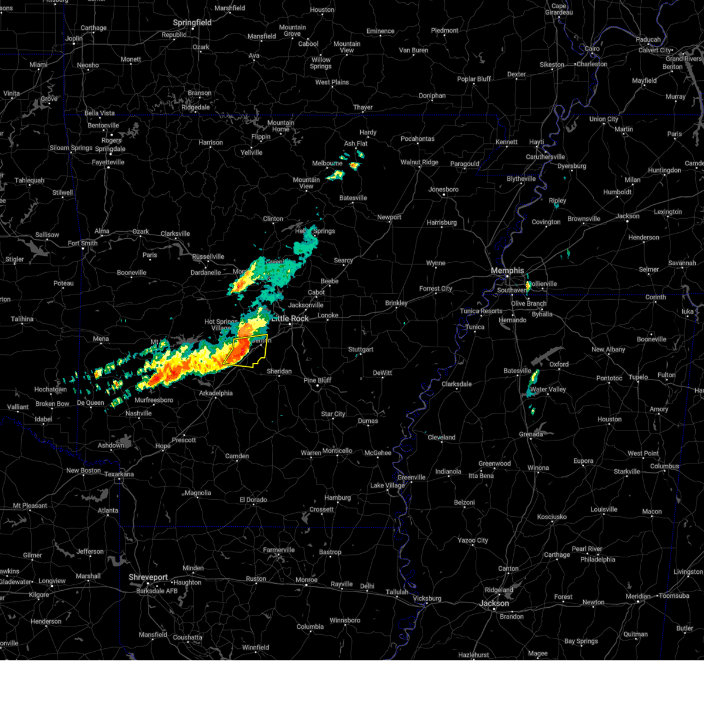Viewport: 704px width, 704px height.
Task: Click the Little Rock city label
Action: coord(290,319)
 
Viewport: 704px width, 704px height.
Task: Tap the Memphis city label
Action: coord(507,270)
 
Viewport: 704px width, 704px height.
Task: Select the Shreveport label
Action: coord(148,577)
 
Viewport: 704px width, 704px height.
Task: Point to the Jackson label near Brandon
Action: coord(494,603)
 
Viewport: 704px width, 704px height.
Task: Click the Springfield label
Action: coord(192,22)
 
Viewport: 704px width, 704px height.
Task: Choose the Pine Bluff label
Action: coord(317,380)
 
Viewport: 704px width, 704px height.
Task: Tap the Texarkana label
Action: coord(119,474)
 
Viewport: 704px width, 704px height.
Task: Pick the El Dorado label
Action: coord(253,500)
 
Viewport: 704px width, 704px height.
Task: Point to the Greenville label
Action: coord(411,477)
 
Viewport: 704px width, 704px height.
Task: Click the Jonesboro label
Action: coord(443,189)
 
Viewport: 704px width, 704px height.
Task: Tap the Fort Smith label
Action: coord(83,243)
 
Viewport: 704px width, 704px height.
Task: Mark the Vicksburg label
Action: coord(427,598)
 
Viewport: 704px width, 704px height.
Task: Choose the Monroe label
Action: coord(306,580)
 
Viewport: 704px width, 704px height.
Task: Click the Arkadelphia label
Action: coord(215,393)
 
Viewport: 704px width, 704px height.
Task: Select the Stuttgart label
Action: coord(360,349)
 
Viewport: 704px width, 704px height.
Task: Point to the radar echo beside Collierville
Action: coord(528,286)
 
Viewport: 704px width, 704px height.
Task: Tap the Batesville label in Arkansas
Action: coord(353,198)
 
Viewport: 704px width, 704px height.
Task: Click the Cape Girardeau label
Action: coord(559,9)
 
